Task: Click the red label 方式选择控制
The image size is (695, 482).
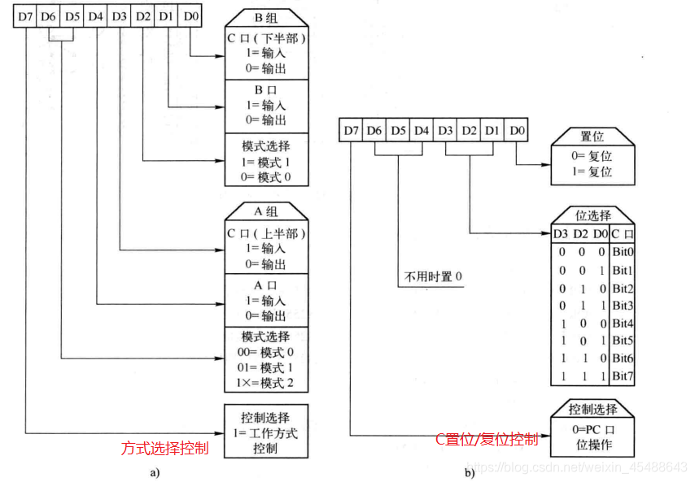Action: point(164,448)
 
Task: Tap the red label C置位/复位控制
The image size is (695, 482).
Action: point(486,440)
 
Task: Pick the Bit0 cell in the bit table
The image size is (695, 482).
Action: point(623,252)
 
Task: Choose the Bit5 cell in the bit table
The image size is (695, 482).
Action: point(623,340)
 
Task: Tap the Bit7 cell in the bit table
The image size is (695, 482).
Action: point(623,376)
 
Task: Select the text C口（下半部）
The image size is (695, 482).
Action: point(266,39)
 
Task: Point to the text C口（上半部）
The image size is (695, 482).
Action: point(266,233)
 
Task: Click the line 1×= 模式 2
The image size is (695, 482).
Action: point(266,382)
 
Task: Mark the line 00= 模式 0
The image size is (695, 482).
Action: point(266,352)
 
